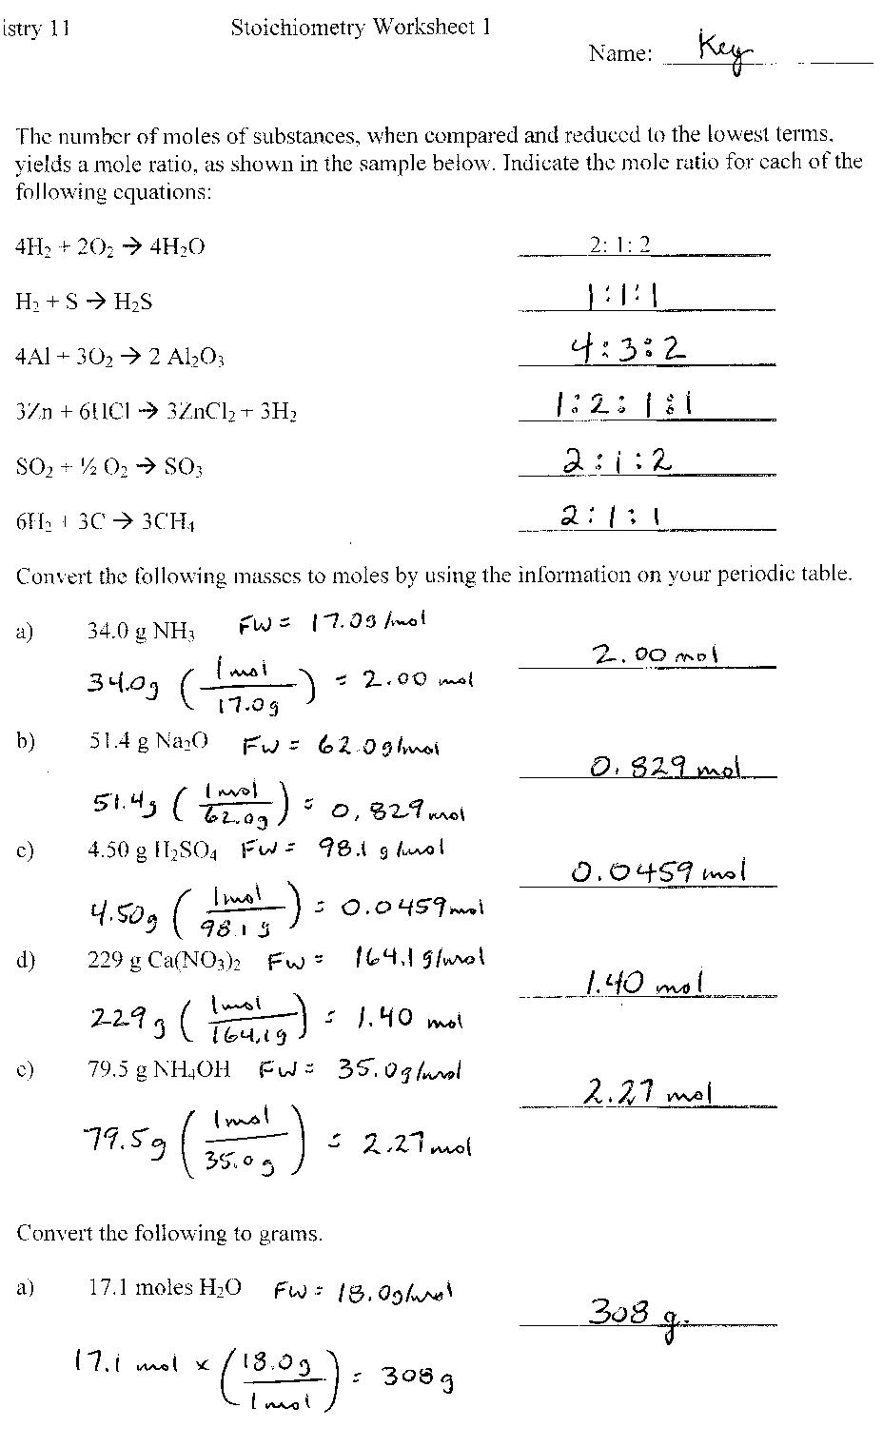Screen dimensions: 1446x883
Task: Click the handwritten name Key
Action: (x=725, y=48)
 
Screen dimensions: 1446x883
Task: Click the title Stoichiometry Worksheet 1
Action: (x=361, y=28)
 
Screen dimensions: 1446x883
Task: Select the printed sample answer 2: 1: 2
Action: (x=619, y=244)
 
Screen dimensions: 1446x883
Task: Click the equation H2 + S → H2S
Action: (x=84, y=303)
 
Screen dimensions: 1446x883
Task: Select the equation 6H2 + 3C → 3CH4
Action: (x=106, y=522)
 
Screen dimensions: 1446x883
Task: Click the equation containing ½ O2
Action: (x=109, y=467)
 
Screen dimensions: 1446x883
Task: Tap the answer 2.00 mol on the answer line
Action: (x=655, y=655)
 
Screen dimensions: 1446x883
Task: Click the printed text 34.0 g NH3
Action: (x=141, y=631)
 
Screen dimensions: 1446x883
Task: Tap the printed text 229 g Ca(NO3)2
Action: (x=164, y=961)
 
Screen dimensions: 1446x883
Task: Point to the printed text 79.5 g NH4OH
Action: (x=159, y=1069)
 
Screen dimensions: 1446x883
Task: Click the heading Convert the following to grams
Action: (x=169, y=1234)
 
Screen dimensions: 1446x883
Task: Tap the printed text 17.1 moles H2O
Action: (x=165, y=1288)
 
